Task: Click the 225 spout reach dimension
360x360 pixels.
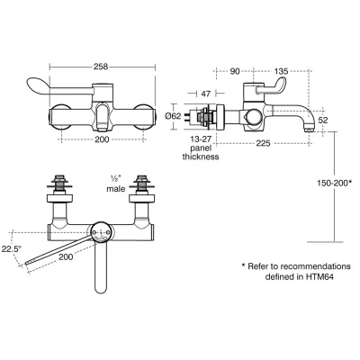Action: tap(264, 141)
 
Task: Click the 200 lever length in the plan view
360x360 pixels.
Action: tap(65, 256)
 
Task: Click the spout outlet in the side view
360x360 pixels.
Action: tap(310, 129)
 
